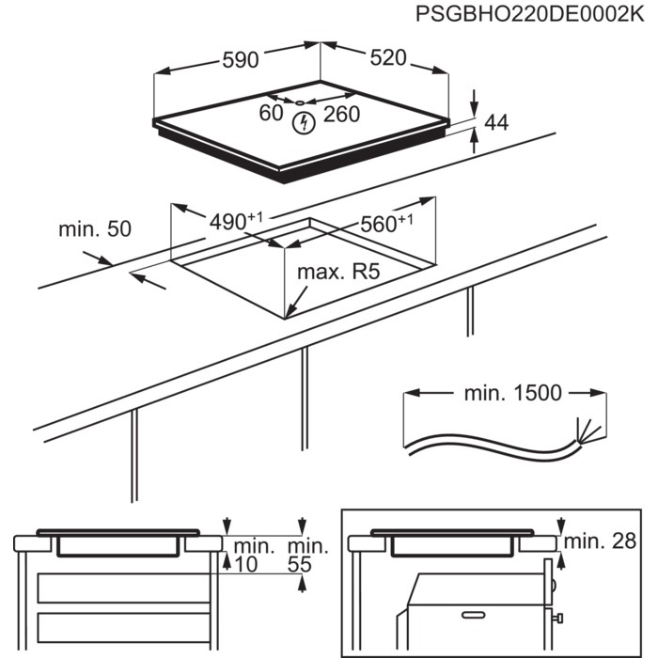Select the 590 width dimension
pyautogui.click(x=240, y=60)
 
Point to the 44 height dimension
pyautogui.click(x=495, y=122)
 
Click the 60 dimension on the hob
pyautogui.click(x=271, y=114)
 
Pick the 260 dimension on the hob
pyautogui.click(x=341, y=115)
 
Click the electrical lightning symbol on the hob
pyautogui.click(x=304, y=122)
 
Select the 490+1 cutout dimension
pyautogui.click(x=234, y=222)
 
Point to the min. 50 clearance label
pyautogui.click(x=95, y=228)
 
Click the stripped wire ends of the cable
pyautogui.click(x=587, y=434)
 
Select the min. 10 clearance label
pyautogui.click(x=253, y=555)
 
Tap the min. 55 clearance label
pyautogui.click(x=307, y=555)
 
